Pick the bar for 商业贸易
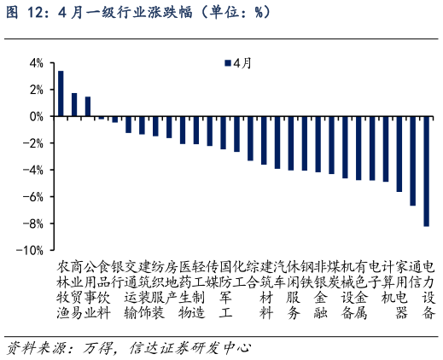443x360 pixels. [x=74, y=105]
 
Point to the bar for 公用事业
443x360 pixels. [x=88, y=107]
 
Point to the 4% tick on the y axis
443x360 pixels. [x=35, y=63]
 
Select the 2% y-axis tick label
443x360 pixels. [x=35, y=90]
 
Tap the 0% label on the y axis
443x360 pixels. [x=35, y=117]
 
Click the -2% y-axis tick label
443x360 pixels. [x=33, y=143]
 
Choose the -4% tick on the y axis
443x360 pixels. [x=33, y=171]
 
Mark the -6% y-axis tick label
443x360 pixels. [x=33, y=197]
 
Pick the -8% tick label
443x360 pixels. [x=33, y=224]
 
